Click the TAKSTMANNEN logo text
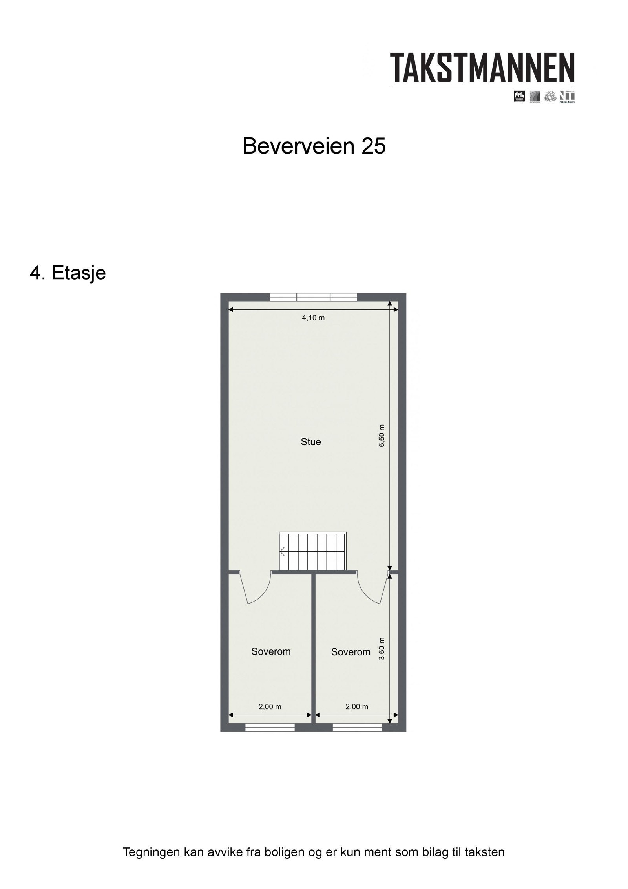click(482, 68)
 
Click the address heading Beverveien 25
click(314, 146)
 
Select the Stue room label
click(310, 442)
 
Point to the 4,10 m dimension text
click(313, 318)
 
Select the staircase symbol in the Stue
click(312, 551)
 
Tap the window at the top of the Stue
click(313, 297)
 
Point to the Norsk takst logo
click(567, 96)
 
